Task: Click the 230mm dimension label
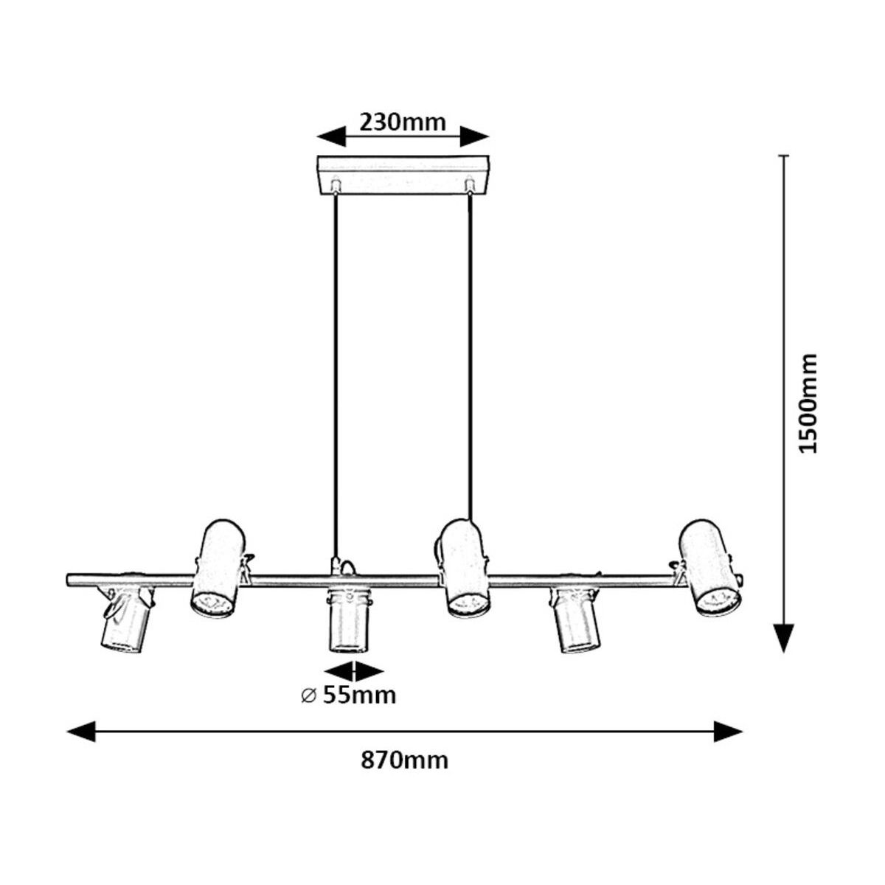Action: [x=403, y=122]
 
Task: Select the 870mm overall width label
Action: [x=404, y=761]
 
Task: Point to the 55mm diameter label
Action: [x=359, y=695]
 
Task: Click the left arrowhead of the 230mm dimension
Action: [x=331, y=136]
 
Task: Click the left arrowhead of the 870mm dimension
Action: [x=81, y=732]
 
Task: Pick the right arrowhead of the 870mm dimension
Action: [x=728, y=732]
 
